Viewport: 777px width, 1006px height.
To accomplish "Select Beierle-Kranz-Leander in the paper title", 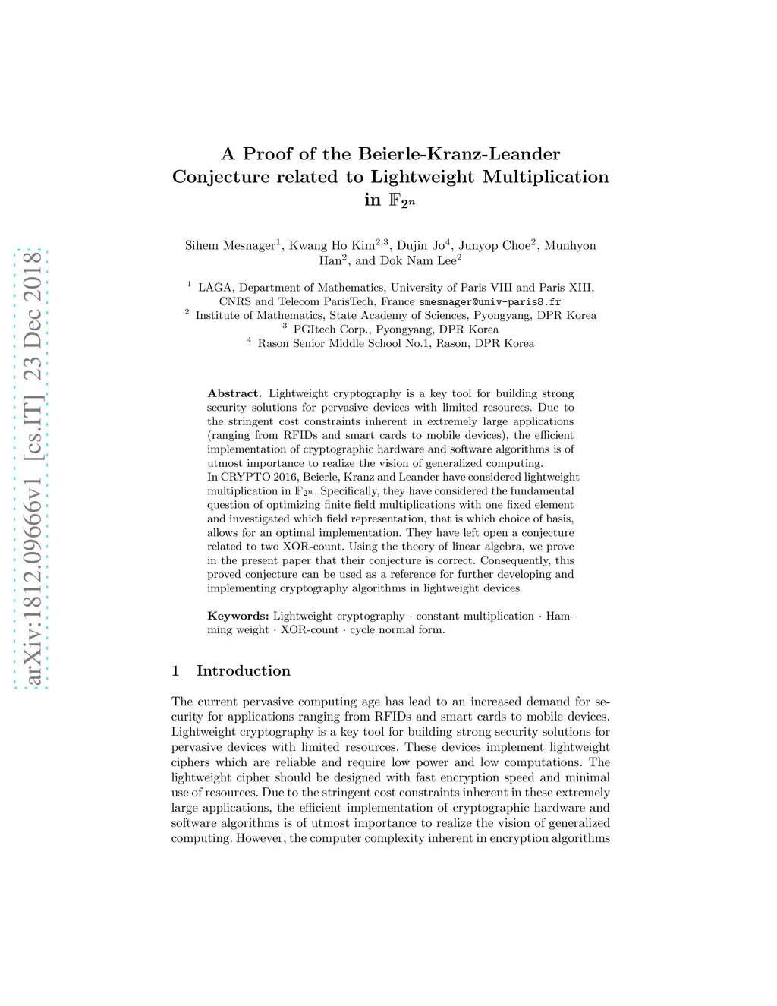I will [459, 154].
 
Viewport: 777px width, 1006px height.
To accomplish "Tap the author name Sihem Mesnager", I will [230, 245].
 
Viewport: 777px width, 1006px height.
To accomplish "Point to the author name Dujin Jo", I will [421, 245].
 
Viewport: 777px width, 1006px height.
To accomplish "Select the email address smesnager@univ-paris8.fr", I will [490, 301].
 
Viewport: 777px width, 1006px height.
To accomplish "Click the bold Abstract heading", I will [234, 393].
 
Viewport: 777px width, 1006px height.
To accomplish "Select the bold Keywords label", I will [238, 616].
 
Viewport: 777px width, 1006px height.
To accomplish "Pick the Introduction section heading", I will [243, 670].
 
